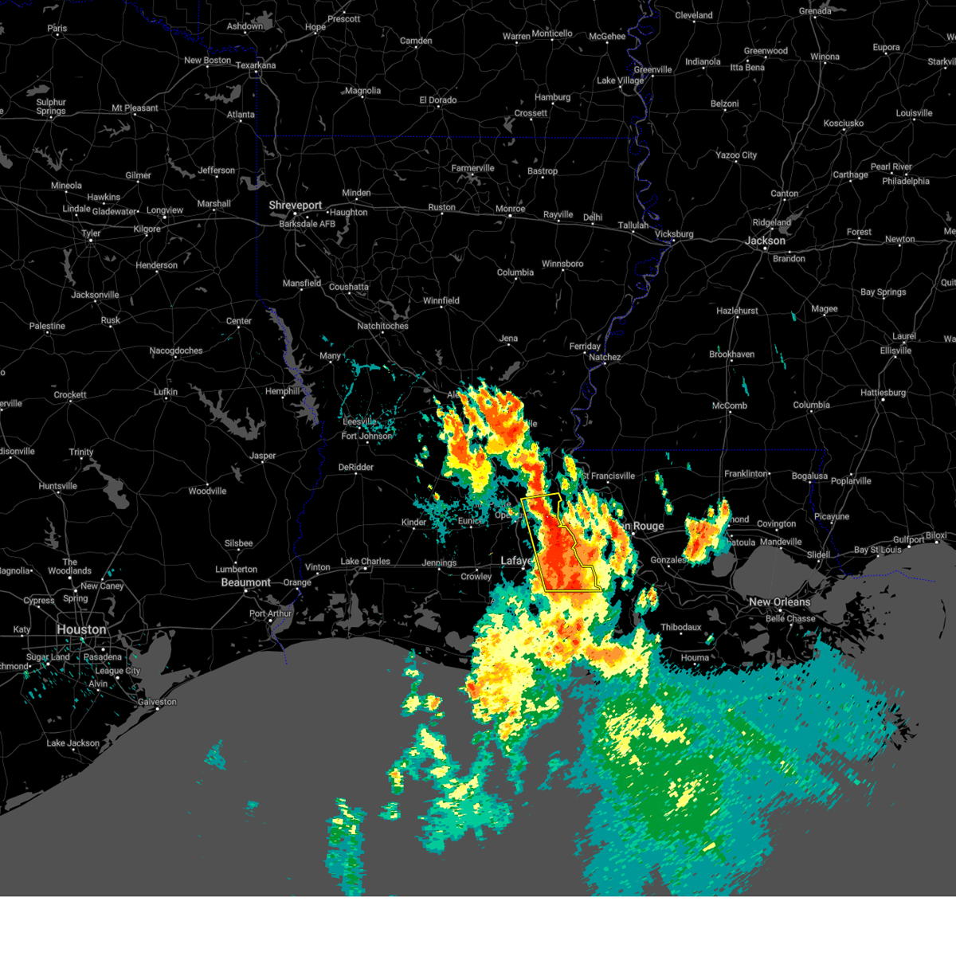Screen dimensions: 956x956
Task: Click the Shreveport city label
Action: pyautogui.click(x=295, y=205)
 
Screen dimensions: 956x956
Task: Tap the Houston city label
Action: pyautogui.click(x=81, y=629)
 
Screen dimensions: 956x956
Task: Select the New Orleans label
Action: pyautogui.click(x=779, y=601)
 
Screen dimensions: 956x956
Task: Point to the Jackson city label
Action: pyautogui.click(x=766, y=241)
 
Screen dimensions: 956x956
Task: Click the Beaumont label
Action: pyautogui.click(x=245, y=582)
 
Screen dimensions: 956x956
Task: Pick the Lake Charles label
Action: pyautogui.click(x=365, y=561)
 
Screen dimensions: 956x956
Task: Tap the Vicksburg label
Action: pyautogui.click(x=673, y=234)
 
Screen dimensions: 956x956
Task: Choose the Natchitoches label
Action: pyautogui.click(x=382, y=326)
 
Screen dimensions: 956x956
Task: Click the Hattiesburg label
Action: pyautogui.click(x=883, y=393)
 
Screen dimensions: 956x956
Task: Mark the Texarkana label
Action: pyautogui.click(x=256, y=65)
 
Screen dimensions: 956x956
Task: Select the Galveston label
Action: pyautogui.click(x=157, y=702)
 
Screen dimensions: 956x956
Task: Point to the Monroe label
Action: pyautogui.click(x=510, y=209)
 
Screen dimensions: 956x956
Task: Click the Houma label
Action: pyautogui.click(x=695, y=657)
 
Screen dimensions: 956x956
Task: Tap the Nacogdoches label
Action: pyautogui.click(x=176, y=351)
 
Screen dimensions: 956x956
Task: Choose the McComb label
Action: pyautogui.click(x=729, y=406)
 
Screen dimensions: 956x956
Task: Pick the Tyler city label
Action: pyautogui.click(x=91, y=233)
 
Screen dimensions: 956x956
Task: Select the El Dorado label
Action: pyautogui.click(x=438, y=100)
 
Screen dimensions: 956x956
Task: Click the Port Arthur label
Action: pyautogui.click(x=270, y=613)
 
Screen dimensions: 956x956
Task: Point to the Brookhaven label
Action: pyautogui.click(x=731, y=354)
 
